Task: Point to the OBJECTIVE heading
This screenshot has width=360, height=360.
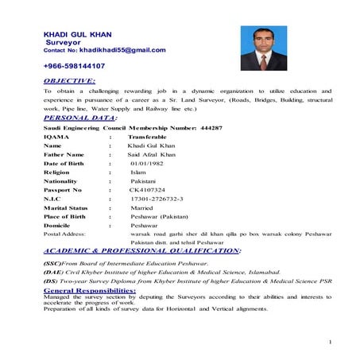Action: pos(69,81)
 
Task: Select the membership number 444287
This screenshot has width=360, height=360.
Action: pos(210,127)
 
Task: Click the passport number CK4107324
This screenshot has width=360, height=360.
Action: pos(147,191)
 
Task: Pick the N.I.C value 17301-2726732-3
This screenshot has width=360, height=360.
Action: pos(157,199)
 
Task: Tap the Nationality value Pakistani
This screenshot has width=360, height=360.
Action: pos(145,181)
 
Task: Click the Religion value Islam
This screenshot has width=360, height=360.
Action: pos(138,172)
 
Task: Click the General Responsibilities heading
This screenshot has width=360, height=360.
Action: pos(90,291)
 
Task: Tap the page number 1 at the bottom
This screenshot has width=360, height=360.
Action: pos(328,342)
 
